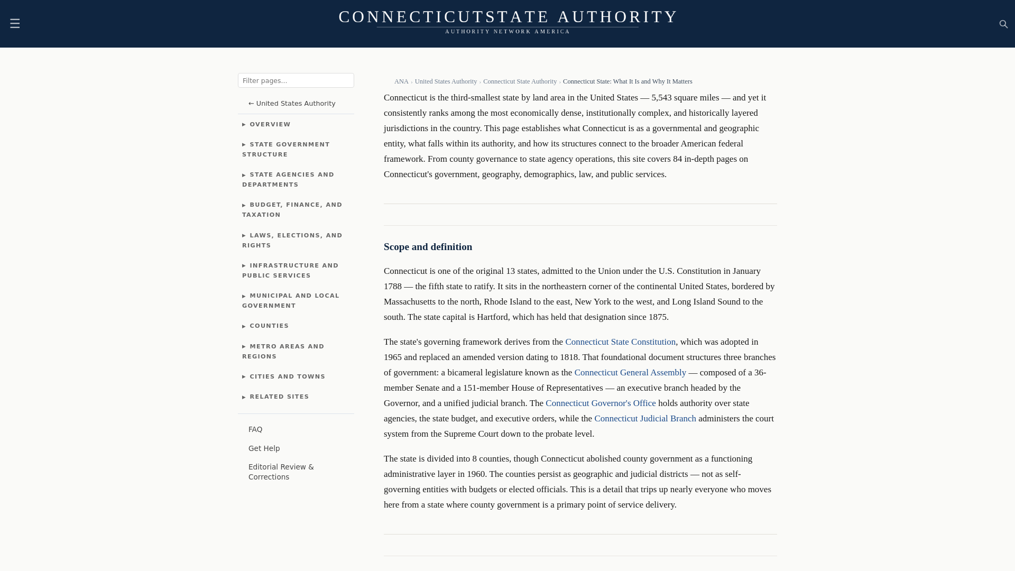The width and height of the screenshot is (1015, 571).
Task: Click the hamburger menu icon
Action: (15, 23)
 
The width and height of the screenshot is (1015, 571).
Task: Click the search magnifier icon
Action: (1003, 24)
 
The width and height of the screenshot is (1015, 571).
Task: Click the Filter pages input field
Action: (296, 80)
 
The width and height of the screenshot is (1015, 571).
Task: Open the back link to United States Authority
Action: (292, 103)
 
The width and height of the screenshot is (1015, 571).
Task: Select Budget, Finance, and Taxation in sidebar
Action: (292, 209)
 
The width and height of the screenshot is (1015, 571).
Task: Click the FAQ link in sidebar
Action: (255, 429)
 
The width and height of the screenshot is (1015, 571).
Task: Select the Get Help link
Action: (264, 448)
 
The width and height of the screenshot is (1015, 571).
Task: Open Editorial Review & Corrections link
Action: (281, 472)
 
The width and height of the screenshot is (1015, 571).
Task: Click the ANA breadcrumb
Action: (401, 81)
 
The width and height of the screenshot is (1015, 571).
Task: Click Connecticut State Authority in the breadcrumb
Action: (520, 81)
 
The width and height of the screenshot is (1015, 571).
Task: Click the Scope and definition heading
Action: (428, 247)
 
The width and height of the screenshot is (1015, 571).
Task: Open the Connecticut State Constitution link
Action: (620, 342)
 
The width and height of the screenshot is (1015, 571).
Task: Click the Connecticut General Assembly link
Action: (630, 373)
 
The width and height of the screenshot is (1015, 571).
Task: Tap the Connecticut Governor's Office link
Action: (601, 403)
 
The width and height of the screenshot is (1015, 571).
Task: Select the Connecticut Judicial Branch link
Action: (645, 419)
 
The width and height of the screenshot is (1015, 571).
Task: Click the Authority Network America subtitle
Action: (508, 32)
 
